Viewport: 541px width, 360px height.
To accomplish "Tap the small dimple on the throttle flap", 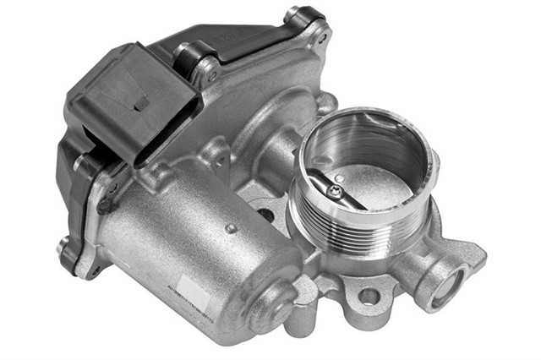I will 338,178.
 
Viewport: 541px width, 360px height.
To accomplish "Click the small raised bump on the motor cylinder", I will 231,228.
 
